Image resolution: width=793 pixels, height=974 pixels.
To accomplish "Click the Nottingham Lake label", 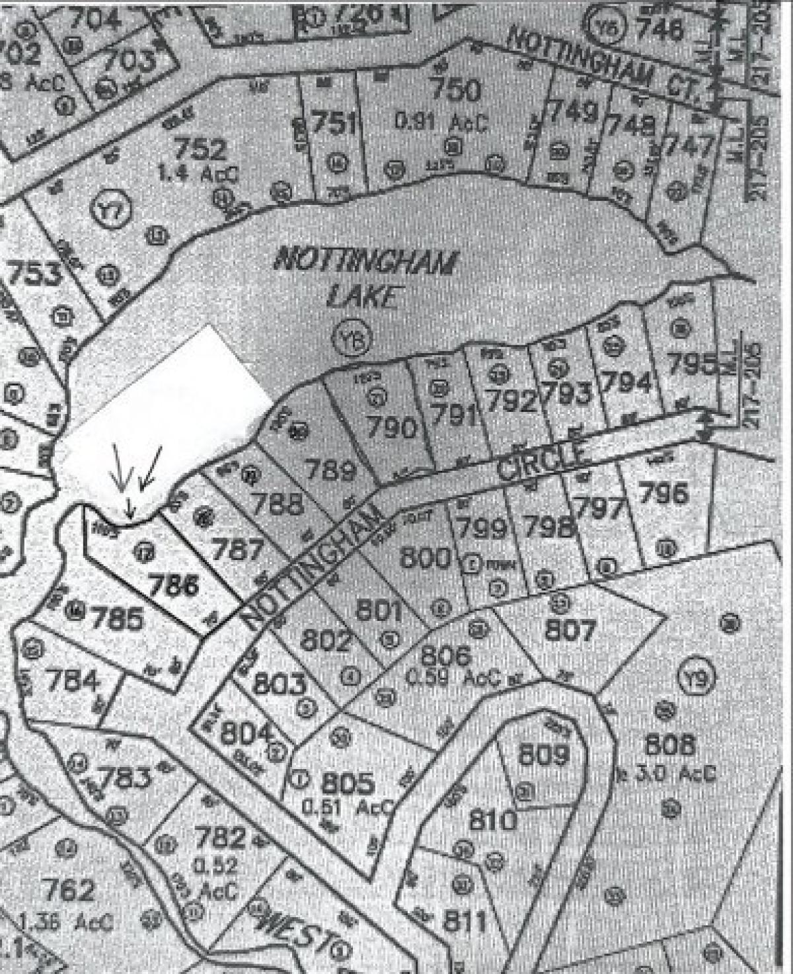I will coord(364,277).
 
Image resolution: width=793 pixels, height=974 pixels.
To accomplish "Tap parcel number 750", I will coord(454,90).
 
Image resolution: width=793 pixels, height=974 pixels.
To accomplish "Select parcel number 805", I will coord(348,783).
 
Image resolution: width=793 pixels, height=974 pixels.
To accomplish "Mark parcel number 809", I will coord(543,754).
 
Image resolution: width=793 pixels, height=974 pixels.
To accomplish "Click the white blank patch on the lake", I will coord(165,417).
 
